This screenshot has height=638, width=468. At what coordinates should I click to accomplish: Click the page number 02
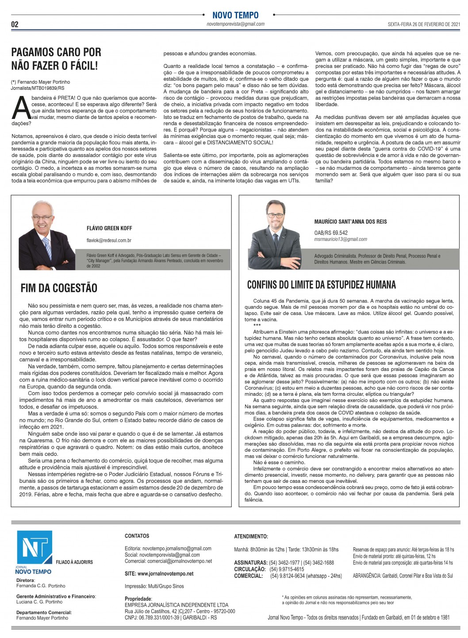click(15, 24)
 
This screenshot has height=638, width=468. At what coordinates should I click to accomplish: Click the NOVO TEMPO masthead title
click(235, 15)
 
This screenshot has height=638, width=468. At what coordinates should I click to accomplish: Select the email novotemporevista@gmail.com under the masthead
click(235, 24)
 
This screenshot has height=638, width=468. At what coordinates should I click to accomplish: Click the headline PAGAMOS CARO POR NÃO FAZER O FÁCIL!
click(56, 59)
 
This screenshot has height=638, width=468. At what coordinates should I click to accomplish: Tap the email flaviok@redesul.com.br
click(109, 241)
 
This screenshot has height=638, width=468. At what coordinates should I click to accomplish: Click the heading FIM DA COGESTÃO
click(59, 288)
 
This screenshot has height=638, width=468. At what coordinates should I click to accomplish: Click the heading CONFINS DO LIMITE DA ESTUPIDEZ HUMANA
click(322, 285)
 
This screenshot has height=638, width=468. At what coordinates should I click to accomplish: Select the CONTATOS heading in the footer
click(137, 536)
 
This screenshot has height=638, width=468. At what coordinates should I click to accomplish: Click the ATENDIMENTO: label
click(251, 536)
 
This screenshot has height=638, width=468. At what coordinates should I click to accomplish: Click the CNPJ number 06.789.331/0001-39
click(158, 618)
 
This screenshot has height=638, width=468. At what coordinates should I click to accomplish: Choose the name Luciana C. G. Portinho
click(39, 602)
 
